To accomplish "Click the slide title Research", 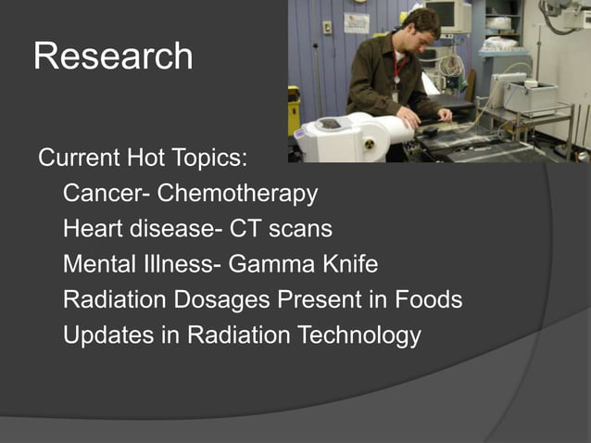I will point(113,57).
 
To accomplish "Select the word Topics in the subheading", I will point(210,158).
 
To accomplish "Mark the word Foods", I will point(428,300).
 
